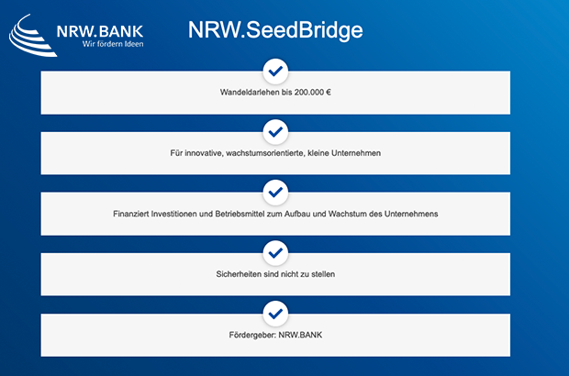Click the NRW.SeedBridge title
click(x=275, y=30)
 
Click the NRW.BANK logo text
click(x=100, y=31)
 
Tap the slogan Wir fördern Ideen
click(x=113, y=44)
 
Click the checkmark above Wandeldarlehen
click(x=275, y=71)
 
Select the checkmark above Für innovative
click(x=275, y=132)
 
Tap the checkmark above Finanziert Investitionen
click(x=275, y=193)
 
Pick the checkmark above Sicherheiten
click(x=275, y=253)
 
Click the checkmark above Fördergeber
click(x=275, y=314)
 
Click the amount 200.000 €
click(x=312, y=93)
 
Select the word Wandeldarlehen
click(x=250, y=93)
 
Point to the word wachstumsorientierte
click(x=265, y=153)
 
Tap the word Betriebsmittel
click(x=240, y=214)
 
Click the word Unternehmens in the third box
click(x=411, y=214)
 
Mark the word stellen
click(x=323, y=274)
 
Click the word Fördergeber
click(x=252, y=335)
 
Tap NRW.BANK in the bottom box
click(x=300, y=335)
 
